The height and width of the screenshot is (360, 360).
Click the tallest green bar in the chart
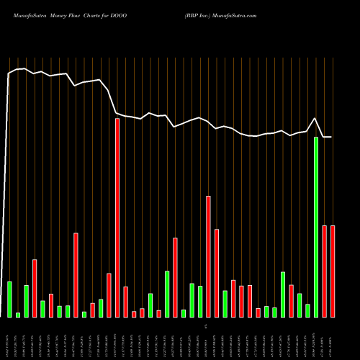point(316,227)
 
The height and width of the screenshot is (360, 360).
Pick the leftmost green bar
point(9,299)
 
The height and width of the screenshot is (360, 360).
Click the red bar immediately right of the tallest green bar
point(325,271)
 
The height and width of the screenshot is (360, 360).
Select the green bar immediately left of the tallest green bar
point(307,310)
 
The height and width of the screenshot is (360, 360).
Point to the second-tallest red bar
point(208,256)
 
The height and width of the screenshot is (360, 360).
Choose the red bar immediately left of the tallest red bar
point(109,295)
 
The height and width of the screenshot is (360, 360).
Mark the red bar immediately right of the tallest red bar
point(125,302)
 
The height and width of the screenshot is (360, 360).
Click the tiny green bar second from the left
point(18,315)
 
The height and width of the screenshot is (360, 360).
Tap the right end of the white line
point(331,137)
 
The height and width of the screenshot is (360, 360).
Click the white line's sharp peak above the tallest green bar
point(315,119)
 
